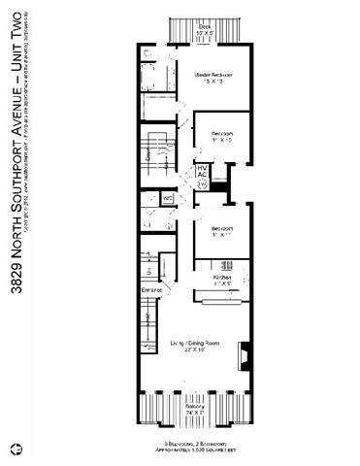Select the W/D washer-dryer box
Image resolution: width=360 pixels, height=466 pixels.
pyautogui.click(x=166, y=197)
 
